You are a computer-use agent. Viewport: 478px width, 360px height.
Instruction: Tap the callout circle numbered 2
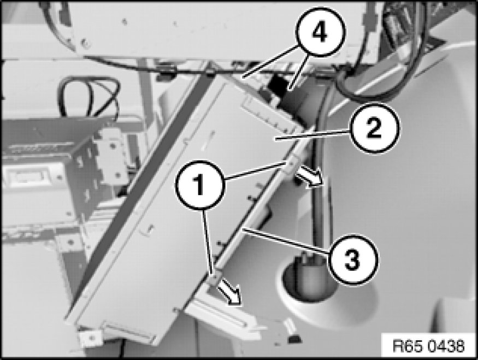click(374, 128)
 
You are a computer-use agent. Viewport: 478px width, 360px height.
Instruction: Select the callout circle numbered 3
click(353, 259)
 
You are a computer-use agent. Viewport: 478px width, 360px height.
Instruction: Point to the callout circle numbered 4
click(320, 32)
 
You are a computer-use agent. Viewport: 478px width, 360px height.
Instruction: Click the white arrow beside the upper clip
click(309, 178)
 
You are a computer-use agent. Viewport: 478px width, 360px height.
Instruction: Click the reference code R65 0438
click(429, 346)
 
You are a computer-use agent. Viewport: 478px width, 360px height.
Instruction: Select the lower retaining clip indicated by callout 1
click(214, 278)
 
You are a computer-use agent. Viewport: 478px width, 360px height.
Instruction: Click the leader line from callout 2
click(312, 134)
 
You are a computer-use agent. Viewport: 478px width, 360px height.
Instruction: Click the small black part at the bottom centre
click(294, 338)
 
